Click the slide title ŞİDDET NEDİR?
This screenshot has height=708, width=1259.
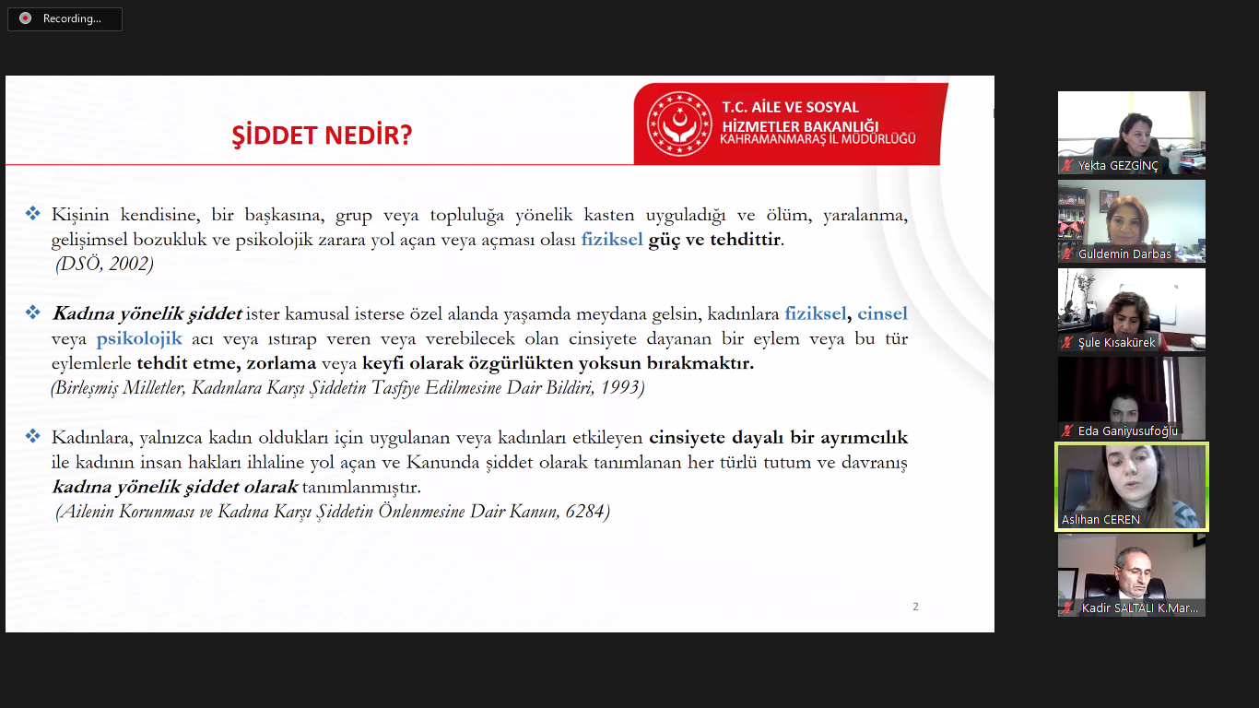click(x=322, y=136)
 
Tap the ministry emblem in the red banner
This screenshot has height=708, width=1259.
click(x=679, y=124)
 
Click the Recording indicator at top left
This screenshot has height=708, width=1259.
click(x=65, y=18)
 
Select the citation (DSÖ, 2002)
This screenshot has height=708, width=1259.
click(x=105, y=264)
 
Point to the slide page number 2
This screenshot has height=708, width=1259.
click(x=915, y=606)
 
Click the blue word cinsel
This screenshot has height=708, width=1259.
click(x=882, y=313)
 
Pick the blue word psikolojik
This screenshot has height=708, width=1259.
click(x=139, y=338)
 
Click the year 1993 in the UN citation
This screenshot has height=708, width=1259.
click(x=619, y=387)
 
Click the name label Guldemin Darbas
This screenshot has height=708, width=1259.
click(x=1124, y=254)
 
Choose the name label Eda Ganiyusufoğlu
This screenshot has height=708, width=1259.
click(x=1127, y=431)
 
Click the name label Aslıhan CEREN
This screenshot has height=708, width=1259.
click(x=1100, y=519)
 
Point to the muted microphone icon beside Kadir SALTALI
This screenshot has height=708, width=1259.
click(x=1068, y=608)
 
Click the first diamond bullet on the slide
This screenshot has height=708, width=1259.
click(x=33, y=214)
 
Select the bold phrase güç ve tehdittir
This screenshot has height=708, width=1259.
click(x=715, y=240)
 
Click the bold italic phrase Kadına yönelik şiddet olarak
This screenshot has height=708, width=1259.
click(x=175, y=486)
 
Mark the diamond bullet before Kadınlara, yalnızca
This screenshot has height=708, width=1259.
click(x=33, y=435)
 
